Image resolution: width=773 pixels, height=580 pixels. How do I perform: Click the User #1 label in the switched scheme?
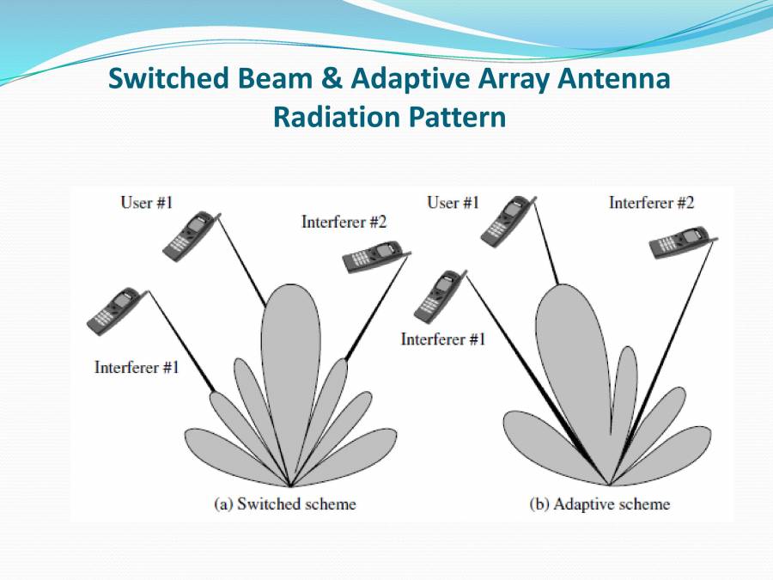click(147, 203)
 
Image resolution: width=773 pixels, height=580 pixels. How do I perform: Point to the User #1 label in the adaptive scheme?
click(453, 203)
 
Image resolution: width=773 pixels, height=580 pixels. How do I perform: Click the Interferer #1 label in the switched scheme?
click(137, 368)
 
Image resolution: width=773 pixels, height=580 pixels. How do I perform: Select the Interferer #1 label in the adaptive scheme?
click(443, 339)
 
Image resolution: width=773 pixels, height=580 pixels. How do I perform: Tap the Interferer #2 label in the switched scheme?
click(344, 222)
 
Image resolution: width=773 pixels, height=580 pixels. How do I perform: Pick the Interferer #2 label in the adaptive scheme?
click(651, 203)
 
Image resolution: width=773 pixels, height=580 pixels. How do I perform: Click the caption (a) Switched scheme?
click(284, 504)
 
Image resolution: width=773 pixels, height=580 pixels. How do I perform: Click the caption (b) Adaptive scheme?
click(599, 504)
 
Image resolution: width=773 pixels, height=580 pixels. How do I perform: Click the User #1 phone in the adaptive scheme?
click(505, 219)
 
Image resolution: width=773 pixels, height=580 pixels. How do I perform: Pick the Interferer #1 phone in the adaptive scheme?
click(437, 296)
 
